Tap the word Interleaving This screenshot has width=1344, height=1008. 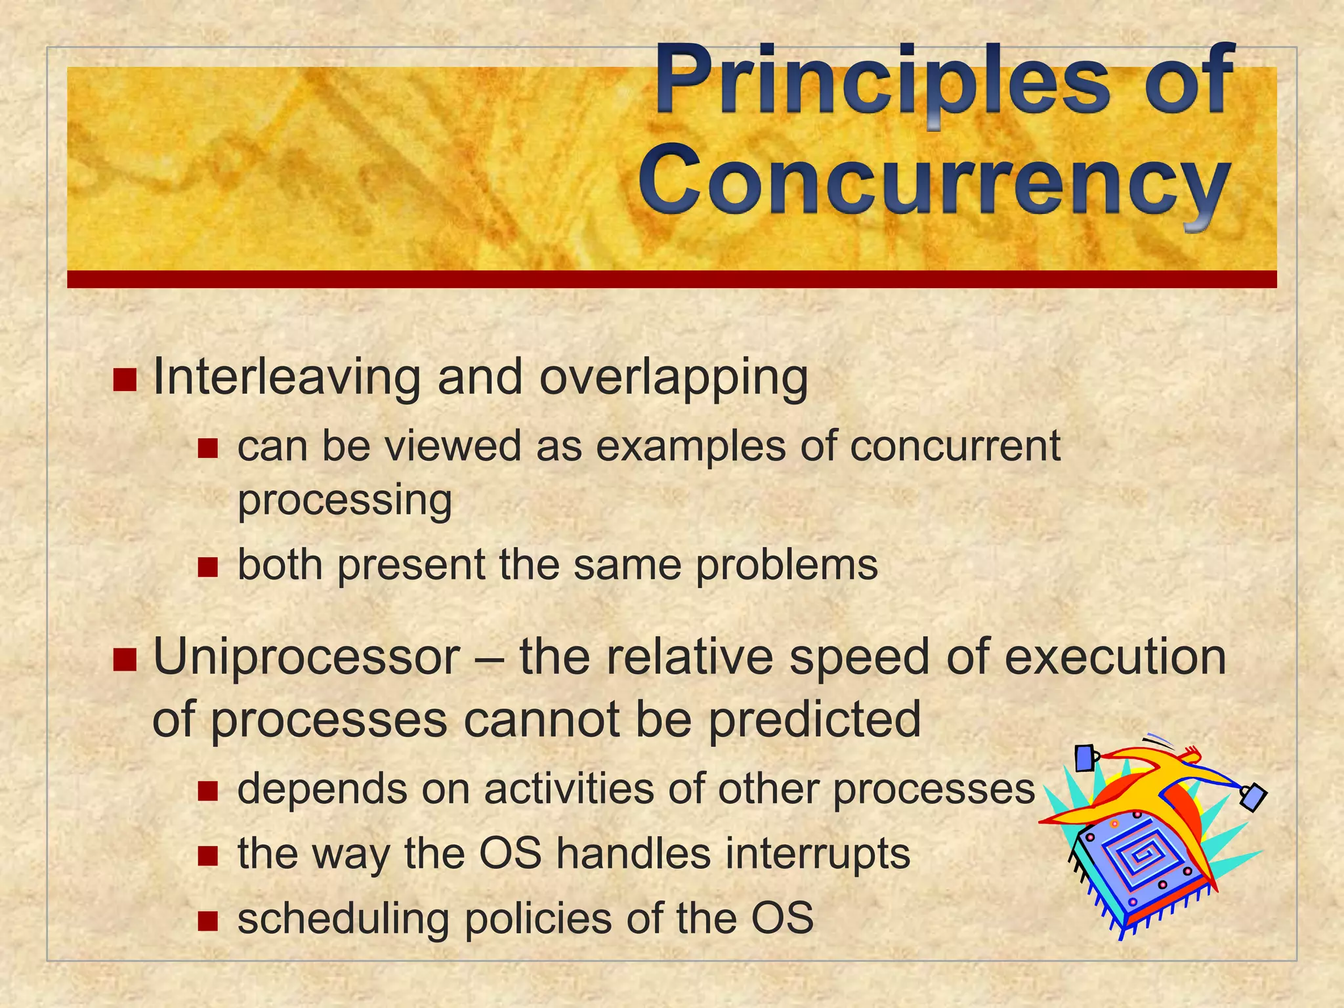tap(286, 378)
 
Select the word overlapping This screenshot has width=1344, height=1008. tap(673, 379)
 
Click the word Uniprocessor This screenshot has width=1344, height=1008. tap(306, 657)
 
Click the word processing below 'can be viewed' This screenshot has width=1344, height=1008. tap(345, 501)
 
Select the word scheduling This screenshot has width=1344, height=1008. tap(343, 919)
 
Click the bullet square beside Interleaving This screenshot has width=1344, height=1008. tap(124, 379)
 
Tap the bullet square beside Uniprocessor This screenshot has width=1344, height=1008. tap(124, 660)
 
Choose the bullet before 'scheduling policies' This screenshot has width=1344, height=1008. tap(207, 921)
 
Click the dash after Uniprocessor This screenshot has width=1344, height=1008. tap(489, 658)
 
